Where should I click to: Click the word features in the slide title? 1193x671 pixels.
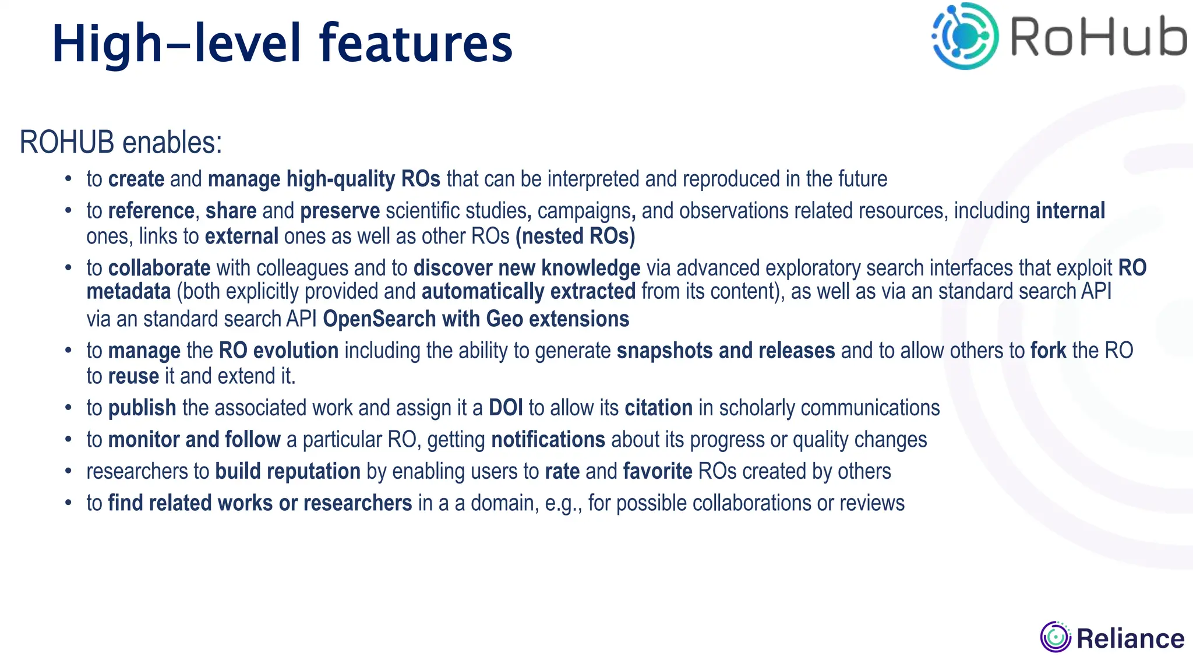[x=416, y=44]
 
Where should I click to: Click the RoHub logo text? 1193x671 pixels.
[x=1097, y=38]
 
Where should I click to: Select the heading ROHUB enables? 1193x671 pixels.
[x=121, y=143]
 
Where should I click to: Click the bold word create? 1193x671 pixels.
[x=136, y=179]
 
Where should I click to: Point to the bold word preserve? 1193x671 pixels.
[x=340, y=211]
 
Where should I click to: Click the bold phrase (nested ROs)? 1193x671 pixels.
[x=575, y=236]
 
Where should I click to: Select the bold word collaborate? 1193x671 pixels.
[x=159, y=268]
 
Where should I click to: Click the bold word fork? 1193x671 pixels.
[x=1048, y=351]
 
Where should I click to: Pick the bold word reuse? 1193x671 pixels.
[x=133, y=376]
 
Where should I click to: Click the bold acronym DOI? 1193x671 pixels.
[x=506, y=408]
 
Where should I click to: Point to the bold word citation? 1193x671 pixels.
[x=658, y=408]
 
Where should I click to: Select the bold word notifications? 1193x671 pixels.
[x=548, y=440]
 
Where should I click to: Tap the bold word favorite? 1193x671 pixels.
[x=657, y=471]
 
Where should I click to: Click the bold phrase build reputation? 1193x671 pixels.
[x=288, y=471]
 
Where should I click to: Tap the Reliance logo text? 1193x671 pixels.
[x=1130, y=638]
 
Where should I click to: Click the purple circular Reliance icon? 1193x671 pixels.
[x=1055, y=637]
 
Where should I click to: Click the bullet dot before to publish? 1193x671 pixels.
[x=68, y=408]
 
